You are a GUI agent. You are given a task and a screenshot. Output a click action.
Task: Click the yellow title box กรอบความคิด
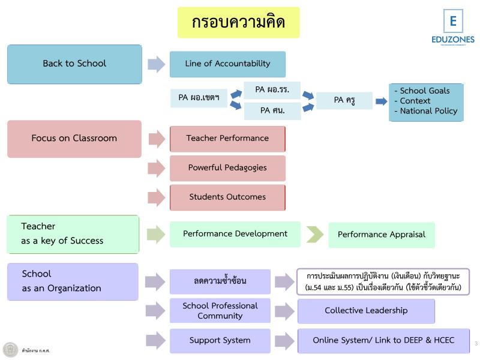point(238,23)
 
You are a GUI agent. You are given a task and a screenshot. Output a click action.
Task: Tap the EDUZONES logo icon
point(453,22)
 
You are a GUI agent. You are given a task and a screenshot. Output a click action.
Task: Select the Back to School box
point(74,64)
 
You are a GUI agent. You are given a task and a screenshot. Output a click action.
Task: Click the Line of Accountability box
point(227,64)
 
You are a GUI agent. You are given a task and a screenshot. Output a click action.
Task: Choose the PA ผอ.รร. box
point(272,89)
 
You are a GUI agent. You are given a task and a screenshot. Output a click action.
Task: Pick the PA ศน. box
point(272,110)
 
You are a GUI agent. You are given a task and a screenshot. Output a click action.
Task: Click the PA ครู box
point(344,100)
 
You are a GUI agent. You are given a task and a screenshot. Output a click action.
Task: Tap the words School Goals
point(424,91)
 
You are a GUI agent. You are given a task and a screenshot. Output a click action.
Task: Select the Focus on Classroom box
point(74,139)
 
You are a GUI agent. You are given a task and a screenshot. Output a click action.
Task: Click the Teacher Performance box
point(227,139)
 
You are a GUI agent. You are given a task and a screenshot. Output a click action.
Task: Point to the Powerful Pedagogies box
point(227,168)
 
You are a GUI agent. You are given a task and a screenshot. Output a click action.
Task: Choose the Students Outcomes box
point(227,197)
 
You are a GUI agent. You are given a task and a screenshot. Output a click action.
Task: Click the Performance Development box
point(235,234)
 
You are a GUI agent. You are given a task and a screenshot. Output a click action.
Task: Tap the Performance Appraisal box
point(381,235)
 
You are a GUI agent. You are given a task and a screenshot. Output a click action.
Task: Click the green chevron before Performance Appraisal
point(314,235)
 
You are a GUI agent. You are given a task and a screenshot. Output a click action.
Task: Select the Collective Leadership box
point(366,311)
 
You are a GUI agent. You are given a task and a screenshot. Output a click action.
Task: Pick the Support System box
point(220,340)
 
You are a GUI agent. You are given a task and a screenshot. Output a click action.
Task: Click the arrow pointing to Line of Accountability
point(156,64)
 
